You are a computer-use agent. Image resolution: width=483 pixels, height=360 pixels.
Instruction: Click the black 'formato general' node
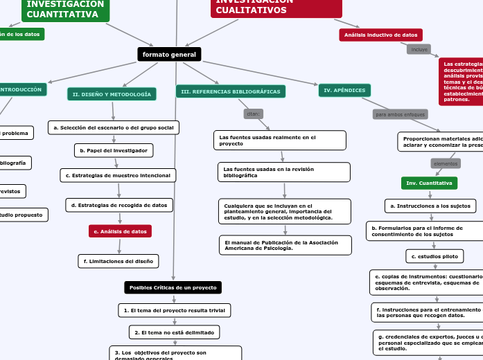click(169, 54)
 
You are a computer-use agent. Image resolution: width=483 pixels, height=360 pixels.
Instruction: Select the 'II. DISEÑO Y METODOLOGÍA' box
click(112, 94)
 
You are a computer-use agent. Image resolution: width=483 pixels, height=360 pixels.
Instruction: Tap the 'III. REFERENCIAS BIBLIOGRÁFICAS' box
click(231, 91)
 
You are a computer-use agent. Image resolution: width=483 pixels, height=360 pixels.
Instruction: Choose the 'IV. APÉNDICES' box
click(344, 90)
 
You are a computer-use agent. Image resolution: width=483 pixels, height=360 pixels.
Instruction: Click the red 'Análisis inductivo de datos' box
click(380, 35)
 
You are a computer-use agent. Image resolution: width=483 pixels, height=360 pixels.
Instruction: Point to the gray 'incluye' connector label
click(419, 50)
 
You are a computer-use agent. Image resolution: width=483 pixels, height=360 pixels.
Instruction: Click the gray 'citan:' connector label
click(254, 114)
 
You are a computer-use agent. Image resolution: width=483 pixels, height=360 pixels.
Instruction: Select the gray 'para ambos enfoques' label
click(400, 114)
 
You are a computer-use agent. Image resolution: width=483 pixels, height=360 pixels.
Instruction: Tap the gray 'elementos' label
click(446, 163)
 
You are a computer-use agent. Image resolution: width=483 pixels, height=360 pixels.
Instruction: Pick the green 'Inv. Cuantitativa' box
click(429, 183)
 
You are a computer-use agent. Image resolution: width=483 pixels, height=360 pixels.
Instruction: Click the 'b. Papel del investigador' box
click(114, 150)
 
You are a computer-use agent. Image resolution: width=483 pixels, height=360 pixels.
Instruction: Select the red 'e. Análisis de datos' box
click(120, 231)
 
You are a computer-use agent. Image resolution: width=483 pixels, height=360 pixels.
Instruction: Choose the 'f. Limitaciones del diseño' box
click(118, 261)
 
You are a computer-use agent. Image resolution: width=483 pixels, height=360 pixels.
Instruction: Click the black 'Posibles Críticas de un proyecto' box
click(173, 287)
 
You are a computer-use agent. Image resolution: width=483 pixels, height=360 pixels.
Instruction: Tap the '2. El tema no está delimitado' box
click(175, 332)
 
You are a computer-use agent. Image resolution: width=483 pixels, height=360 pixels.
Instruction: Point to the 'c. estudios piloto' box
click(434, 257)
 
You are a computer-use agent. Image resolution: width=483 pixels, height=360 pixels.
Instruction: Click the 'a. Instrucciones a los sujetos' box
click(430, 206)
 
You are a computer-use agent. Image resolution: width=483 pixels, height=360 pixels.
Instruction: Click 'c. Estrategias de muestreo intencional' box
click(118, 176)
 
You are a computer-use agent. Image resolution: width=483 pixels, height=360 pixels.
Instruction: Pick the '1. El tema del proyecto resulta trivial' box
click(173, 310)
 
